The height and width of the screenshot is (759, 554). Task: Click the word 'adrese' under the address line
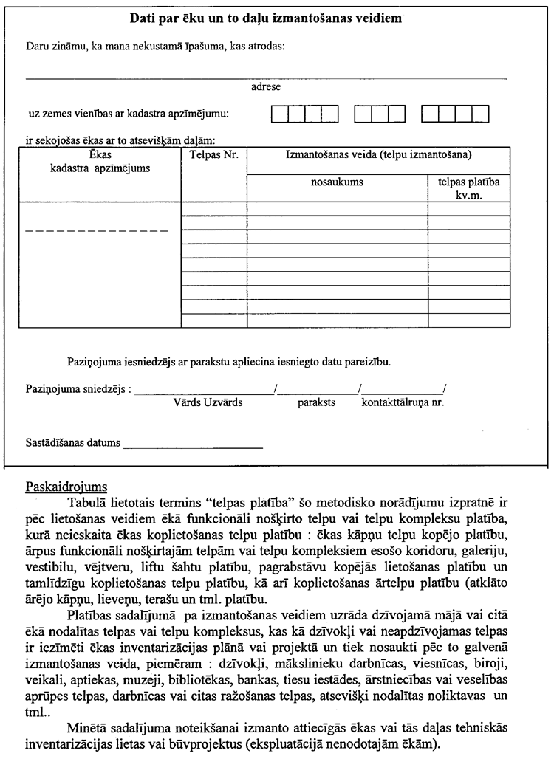coord(266,87)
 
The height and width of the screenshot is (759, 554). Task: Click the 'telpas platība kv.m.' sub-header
coord(468,188)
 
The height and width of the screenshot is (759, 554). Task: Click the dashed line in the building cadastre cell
coord(97,231)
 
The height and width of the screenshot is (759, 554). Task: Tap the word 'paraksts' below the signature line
coord(317,403)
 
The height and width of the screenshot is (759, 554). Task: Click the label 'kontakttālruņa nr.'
coord(403,403)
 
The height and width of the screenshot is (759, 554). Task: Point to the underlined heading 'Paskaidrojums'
coord(66,487)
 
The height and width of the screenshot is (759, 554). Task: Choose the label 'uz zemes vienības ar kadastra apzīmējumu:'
coord(129,114)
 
